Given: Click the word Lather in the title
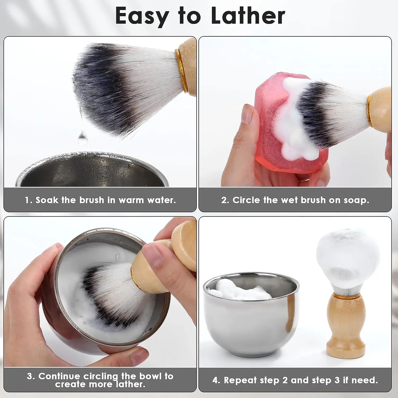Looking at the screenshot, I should click(x=248, y=16).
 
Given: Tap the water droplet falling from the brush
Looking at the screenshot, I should click(x=83, y=138).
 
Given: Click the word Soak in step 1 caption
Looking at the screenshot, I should click(x=46, y=200).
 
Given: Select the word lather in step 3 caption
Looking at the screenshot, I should click(x=131, y=384).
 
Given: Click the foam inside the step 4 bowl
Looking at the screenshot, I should click(x=239, y=291).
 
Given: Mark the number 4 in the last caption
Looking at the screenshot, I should click(x=215, y=380).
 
